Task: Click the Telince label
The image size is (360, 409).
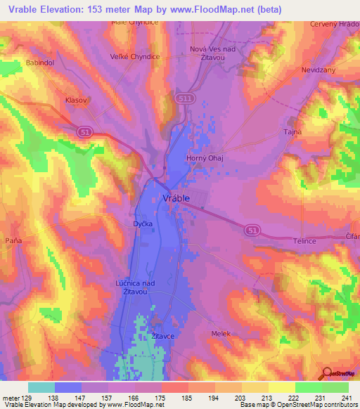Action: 304,240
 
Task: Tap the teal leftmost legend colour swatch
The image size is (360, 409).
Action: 41,387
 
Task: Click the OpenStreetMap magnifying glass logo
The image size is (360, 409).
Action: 326,374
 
